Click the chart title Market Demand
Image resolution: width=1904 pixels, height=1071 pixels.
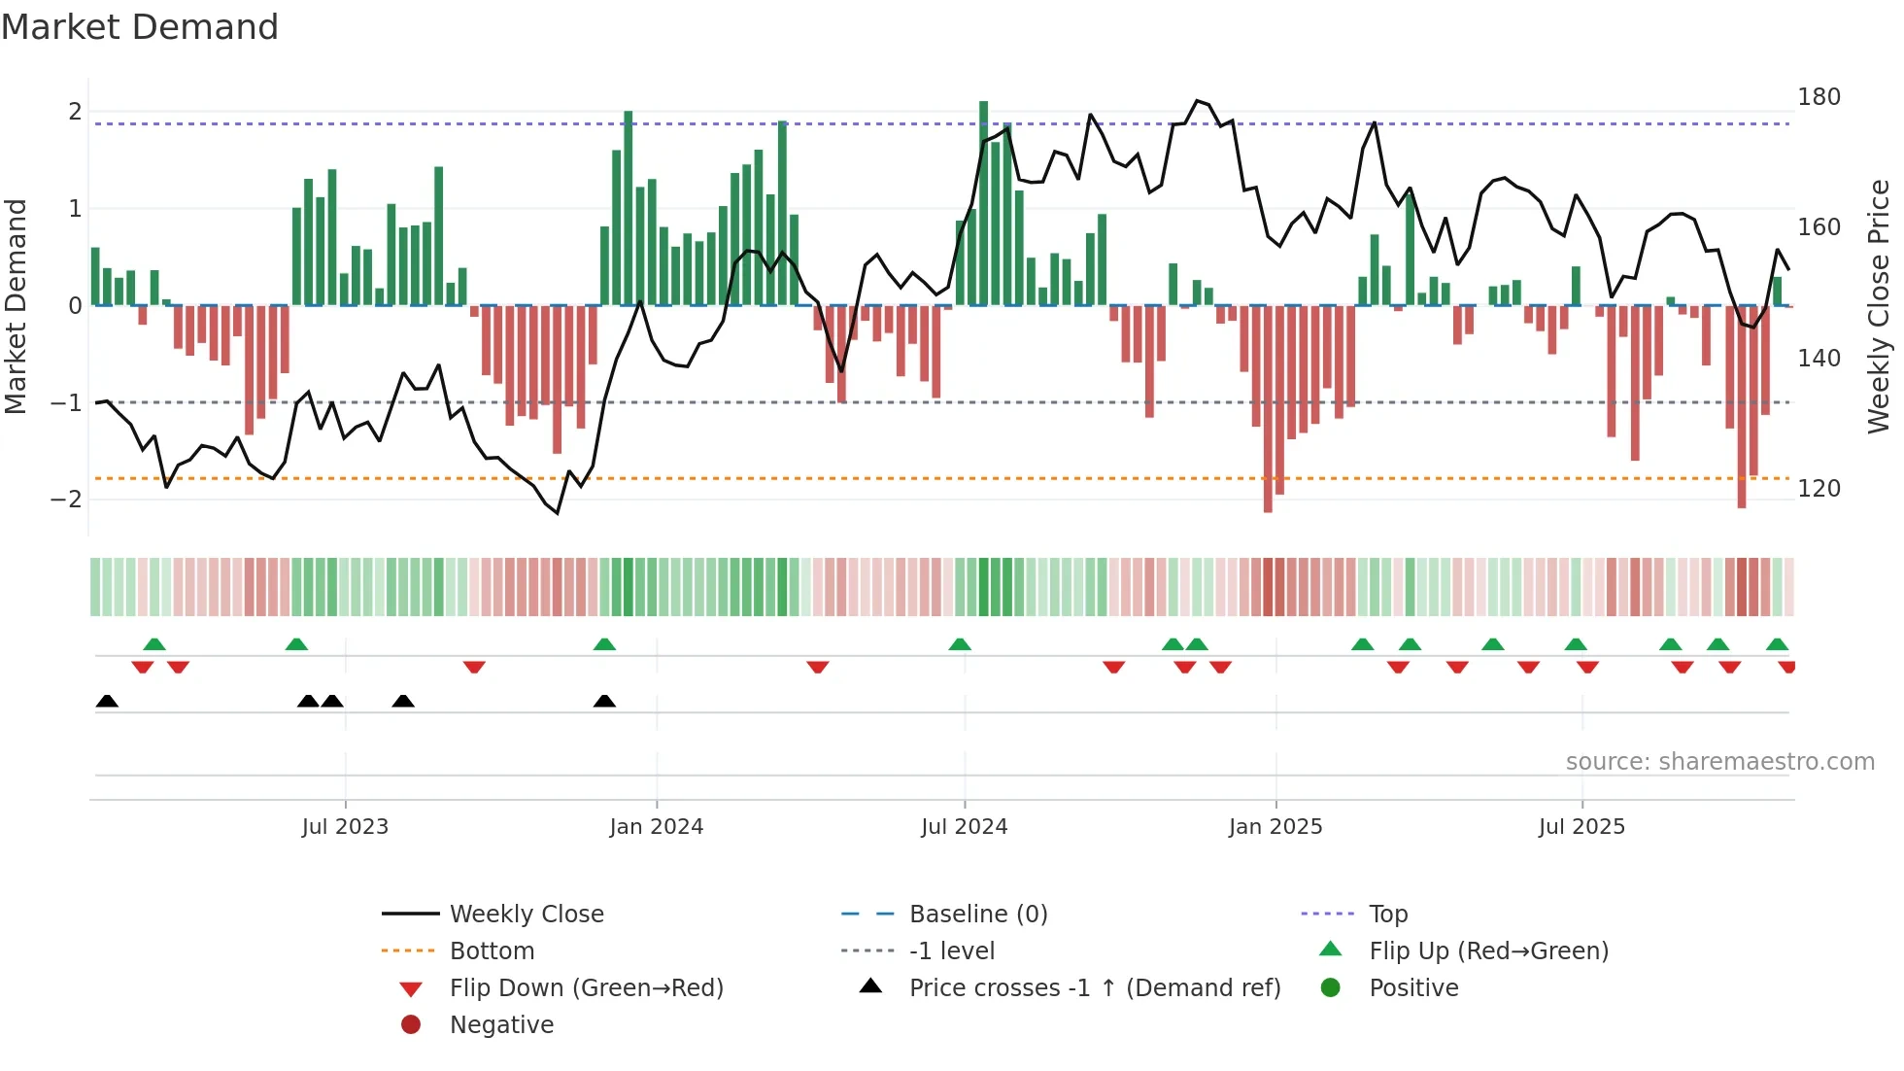[140, 27]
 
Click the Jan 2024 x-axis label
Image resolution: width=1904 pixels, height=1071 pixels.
[656, 827]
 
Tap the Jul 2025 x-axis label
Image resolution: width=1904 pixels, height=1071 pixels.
[1581, 827]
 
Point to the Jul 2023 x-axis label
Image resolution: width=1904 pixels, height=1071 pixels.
[345, 827]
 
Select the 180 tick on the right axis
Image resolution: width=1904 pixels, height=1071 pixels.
[1819, 97]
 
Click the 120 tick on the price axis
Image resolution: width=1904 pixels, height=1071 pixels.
[1819, 489]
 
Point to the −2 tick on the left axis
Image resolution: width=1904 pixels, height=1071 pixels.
[66, 500]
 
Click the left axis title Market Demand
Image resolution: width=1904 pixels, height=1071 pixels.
[16, 306]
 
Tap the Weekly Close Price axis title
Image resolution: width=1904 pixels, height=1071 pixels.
[1879, 306]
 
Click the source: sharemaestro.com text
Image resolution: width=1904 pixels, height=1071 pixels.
[1719, 762]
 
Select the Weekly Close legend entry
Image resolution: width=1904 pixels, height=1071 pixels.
[526, 915]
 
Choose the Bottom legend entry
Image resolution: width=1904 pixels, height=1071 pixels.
[492, 951]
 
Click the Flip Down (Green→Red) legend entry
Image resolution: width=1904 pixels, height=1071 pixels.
[586, 988]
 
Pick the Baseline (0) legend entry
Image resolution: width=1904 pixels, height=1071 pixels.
[977, 915]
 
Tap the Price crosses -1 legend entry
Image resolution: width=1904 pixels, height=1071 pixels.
[1094, 988]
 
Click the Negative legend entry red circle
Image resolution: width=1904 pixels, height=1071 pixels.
[411, 1025]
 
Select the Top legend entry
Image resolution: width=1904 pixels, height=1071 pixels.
[1387, 915]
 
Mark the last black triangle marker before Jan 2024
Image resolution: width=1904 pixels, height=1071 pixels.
[604, 702]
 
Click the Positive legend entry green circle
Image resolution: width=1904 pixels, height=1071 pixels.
[1331, 988]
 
